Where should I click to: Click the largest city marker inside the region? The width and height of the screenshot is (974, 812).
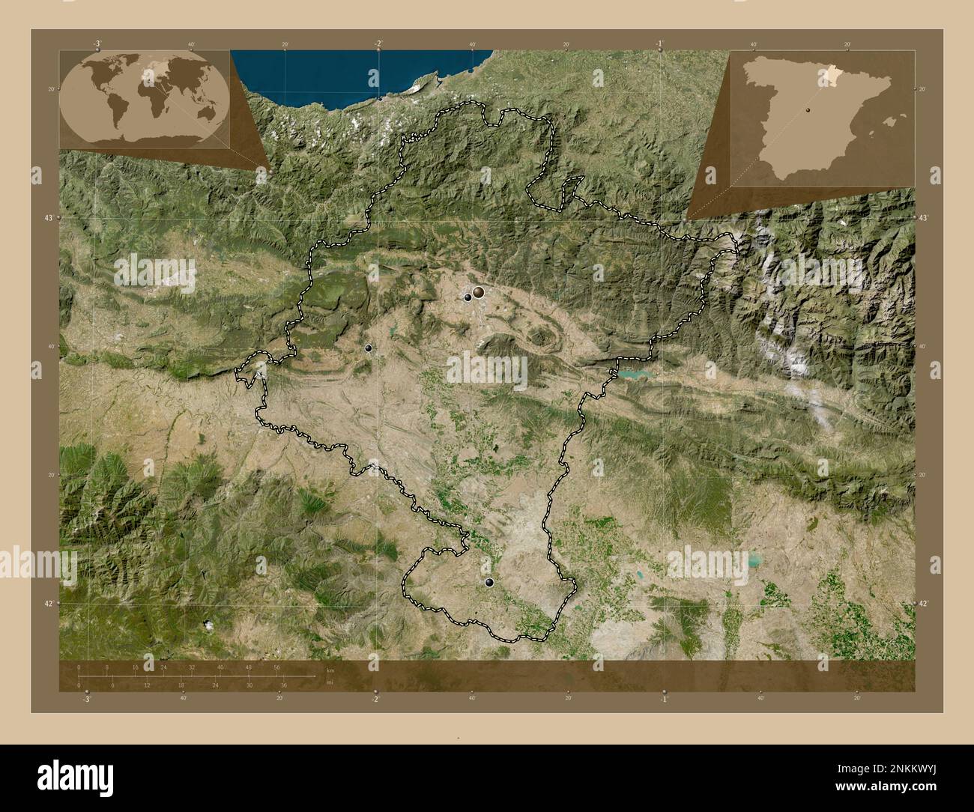[x=477, y=293]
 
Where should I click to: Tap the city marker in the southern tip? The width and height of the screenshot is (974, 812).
[x=489, y=582]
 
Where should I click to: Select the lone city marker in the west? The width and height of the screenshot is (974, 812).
[x=368, y=348]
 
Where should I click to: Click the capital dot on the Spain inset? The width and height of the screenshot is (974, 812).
[x=808, y=109]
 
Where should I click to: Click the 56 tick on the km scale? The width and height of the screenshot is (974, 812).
[x=276, y=667]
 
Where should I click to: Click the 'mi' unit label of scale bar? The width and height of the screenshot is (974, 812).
[x=328, y=682]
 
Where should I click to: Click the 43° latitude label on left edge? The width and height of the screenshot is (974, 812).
[x=50, y=217]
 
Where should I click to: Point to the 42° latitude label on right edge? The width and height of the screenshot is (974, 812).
[x=923, y=603]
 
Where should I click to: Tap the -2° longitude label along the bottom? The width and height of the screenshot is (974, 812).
[x=375, y=698]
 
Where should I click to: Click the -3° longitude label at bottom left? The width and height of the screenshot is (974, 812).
[x=86, y=698]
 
